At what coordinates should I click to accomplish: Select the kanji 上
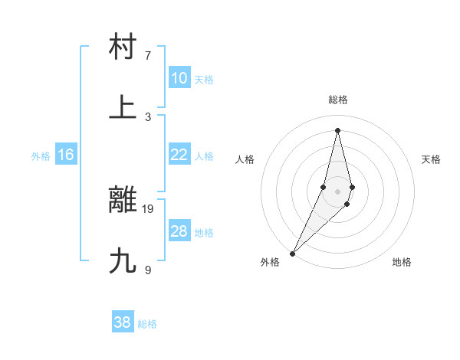[123, 106]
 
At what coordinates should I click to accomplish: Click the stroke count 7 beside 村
[148, 56]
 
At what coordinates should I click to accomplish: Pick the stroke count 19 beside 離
[149, 208]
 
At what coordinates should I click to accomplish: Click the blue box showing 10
[179, 78]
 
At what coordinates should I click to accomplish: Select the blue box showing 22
[179, 155]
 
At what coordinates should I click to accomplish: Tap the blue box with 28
[179, 231]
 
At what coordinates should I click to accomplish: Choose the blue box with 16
[66, 155]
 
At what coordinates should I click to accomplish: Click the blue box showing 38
[123, 322]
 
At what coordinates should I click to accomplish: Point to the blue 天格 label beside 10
[203, 80]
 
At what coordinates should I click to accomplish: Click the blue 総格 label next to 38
[147, 324]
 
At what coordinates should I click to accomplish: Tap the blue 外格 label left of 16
[41, 156]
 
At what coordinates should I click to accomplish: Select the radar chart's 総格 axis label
[338, 100]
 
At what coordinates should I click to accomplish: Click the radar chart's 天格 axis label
[432, 159]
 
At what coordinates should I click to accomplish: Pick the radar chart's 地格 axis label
[402, 262]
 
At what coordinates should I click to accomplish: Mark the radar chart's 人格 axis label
[245, 159]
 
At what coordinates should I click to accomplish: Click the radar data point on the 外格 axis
[293, 253]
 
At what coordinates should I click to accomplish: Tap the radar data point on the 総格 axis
[338, 130]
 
